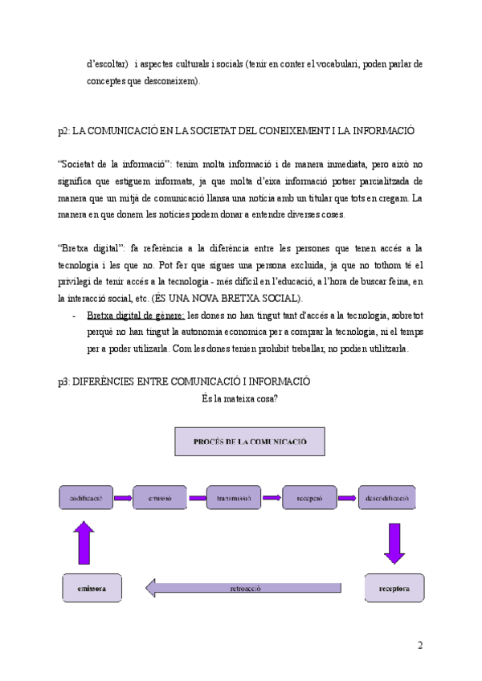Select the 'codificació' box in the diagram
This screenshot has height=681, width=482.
(85, 498)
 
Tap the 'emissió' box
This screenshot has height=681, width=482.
(159, 498)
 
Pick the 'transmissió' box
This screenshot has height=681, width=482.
(235, 498)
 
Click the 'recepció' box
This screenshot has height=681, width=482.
(310, 498)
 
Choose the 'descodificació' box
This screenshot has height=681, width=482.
(388, 498)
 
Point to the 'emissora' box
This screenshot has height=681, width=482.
(92, 588)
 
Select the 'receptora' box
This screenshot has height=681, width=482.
(394, 588)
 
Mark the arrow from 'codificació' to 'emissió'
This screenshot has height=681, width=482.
(122, 498)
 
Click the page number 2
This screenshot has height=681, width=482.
(419, 646)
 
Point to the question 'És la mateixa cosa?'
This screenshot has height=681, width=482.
(240, 398)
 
